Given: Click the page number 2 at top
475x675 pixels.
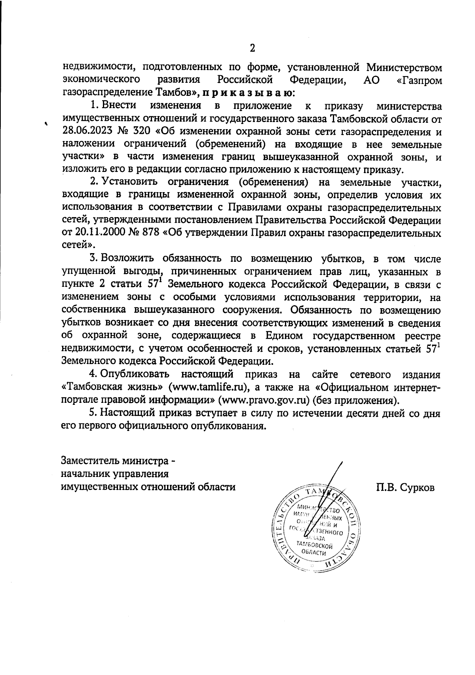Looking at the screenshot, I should [x=252, y=48].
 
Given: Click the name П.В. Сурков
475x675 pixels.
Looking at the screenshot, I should [x=405, y=487].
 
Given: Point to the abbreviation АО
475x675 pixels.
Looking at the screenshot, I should [x=371, y=80].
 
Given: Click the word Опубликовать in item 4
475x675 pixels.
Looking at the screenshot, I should [x=135, y=374].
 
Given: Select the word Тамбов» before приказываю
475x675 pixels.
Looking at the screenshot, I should [x=178, y=93].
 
